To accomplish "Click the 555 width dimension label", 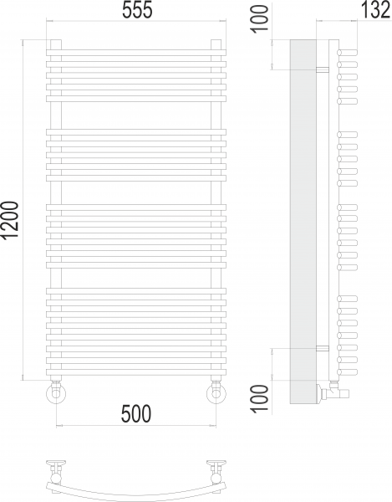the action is coord(137,10).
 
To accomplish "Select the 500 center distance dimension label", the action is coord(136,413).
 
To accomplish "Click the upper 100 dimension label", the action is coord(260,18).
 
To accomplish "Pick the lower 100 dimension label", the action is coord(260,398).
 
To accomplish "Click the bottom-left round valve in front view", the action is coord(56,392).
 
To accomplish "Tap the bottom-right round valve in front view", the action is coord(216,392).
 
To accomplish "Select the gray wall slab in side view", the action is coord(303,221).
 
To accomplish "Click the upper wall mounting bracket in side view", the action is coord(323,69).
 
